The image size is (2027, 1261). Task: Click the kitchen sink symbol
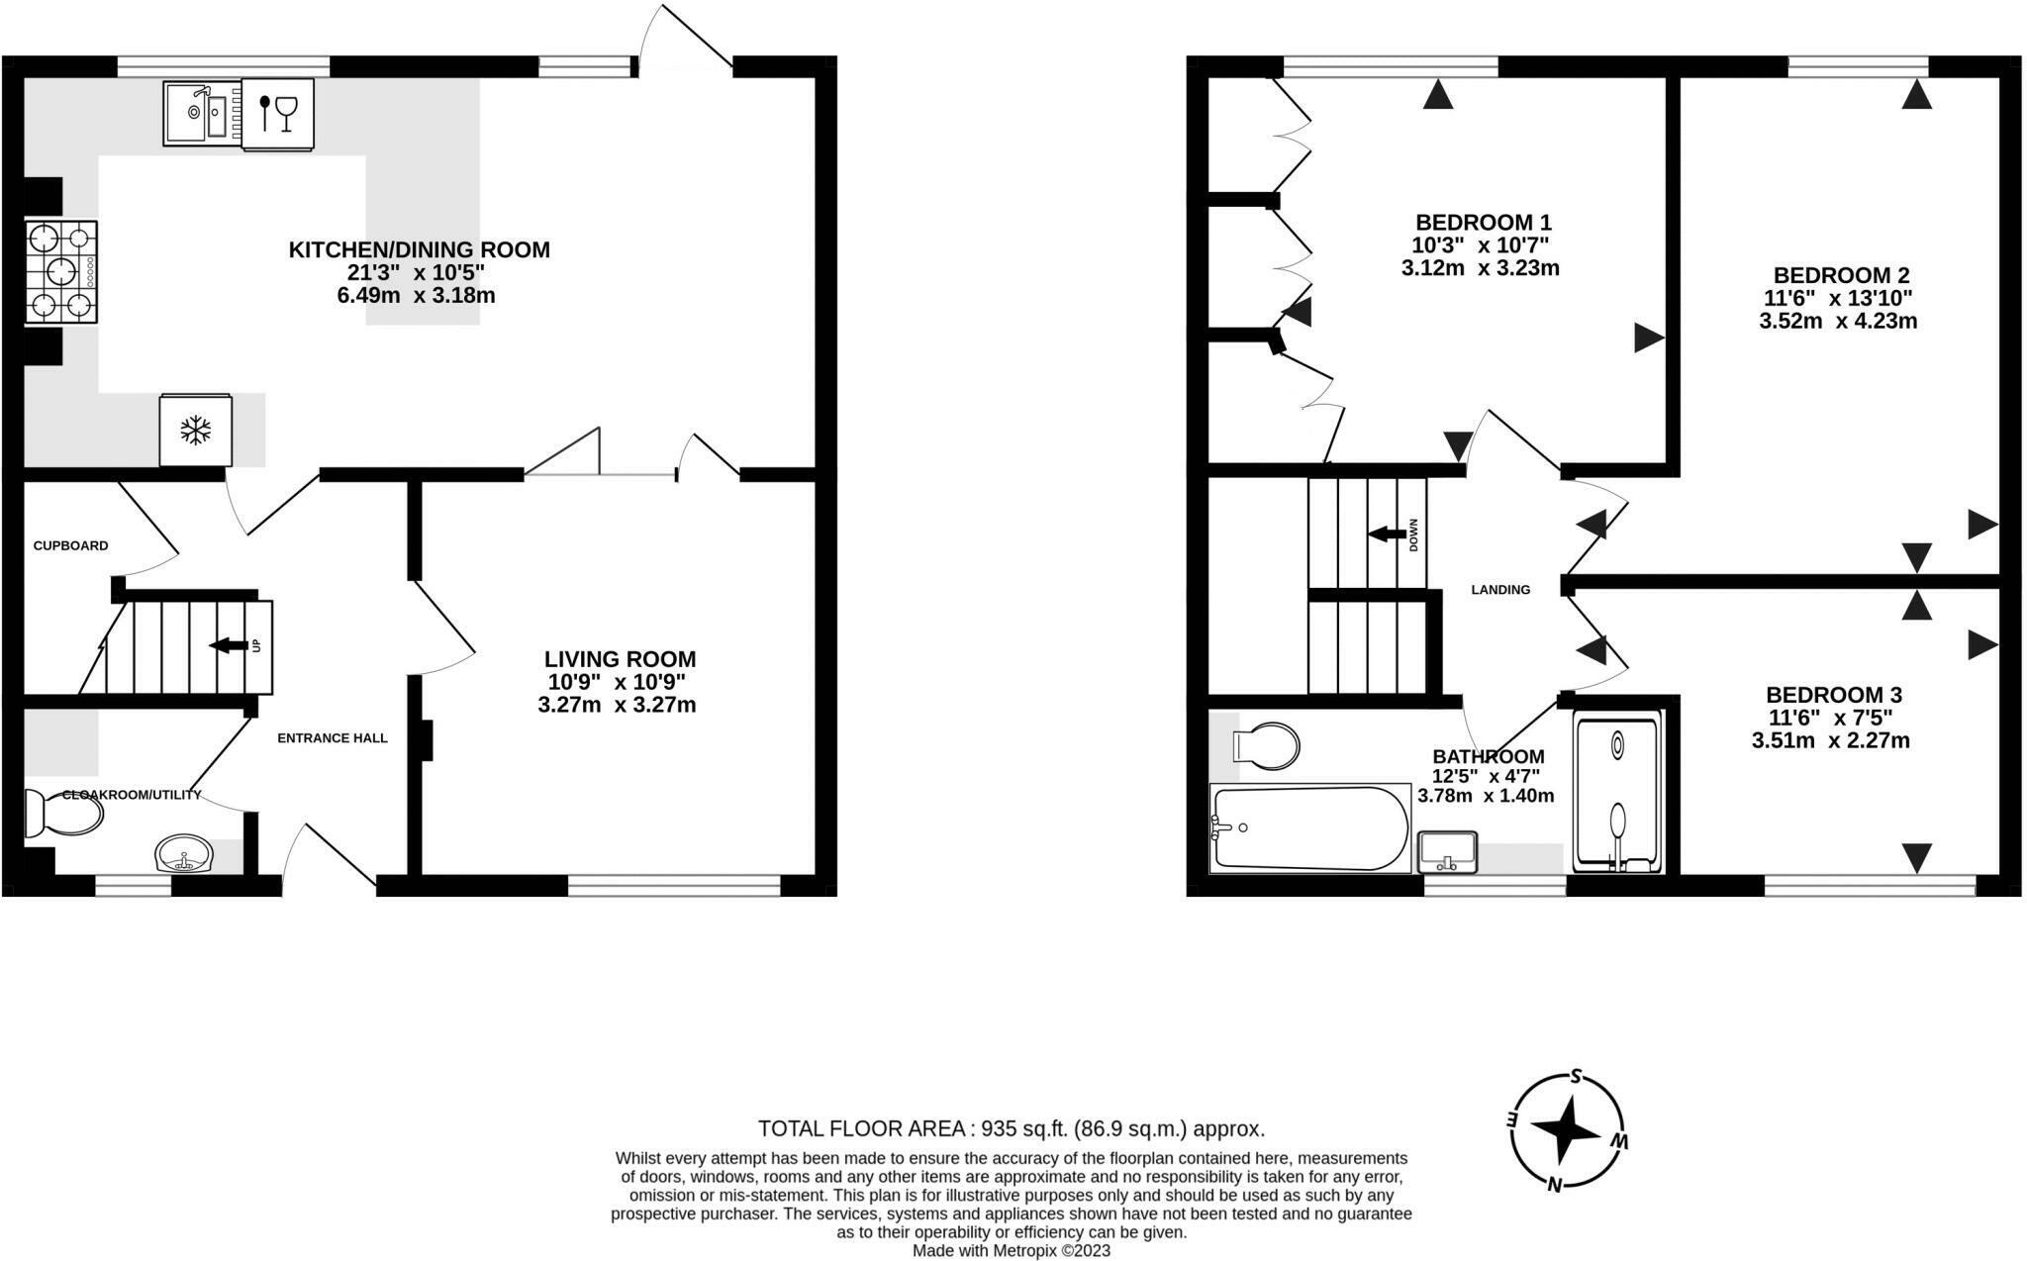pyautogui.click(x=202, y=113)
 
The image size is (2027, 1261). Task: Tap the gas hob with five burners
pyautogui.click(x=61, y=271)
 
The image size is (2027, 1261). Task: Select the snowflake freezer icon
pyautogui.click(x=196, y=431)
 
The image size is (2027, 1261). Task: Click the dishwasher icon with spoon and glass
pyautogui.click(x=278, y=113)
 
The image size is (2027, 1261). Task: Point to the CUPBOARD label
pyautogui.click(x=70, y=545)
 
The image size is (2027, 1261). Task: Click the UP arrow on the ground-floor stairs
pyautogui.click(x=229, y=645)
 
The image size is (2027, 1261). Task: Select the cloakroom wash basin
pyautogui.click(x=183, y=854)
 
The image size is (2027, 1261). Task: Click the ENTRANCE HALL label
pyautogui.click(x=332, y=738)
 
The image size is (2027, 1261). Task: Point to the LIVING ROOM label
pyautogui.click(x=620, y=659)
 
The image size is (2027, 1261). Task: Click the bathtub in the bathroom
pyautogui.click(x=1310, y=829)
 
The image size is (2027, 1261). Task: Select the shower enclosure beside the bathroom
pyautogui.click(x=1617, y=793)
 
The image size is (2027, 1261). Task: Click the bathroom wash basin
pyautogui.click(x=1447, y=852)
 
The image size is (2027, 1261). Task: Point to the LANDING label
pyautogui.click(x=1500, y=590)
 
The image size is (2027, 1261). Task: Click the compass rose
pyautogui.click(x=1566, y=1131)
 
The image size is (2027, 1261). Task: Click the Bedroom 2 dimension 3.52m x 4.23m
pyautogui.click(x=1838, y=321)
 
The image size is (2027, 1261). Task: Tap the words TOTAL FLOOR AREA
pyautogui.click(x=861, y=1128)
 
